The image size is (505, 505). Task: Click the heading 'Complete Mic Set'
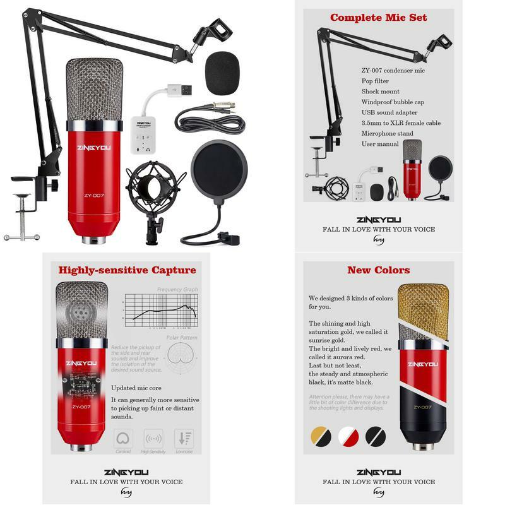(378, 18)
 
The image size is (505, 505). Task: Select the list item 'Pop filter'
(375, 81)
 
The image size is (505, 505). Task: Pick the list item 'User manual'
(380, 144)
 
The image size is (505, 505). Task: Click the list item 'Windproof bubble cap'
(393, 102)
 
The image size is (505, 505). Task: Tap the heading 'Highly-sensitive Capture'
(127, 270)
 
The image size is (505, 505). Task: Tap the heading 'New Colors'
(378, 270)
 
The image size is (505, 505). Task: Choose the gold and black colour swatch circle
(322, 436)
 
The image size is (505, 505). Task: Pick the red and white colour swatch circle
(348, 436)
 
